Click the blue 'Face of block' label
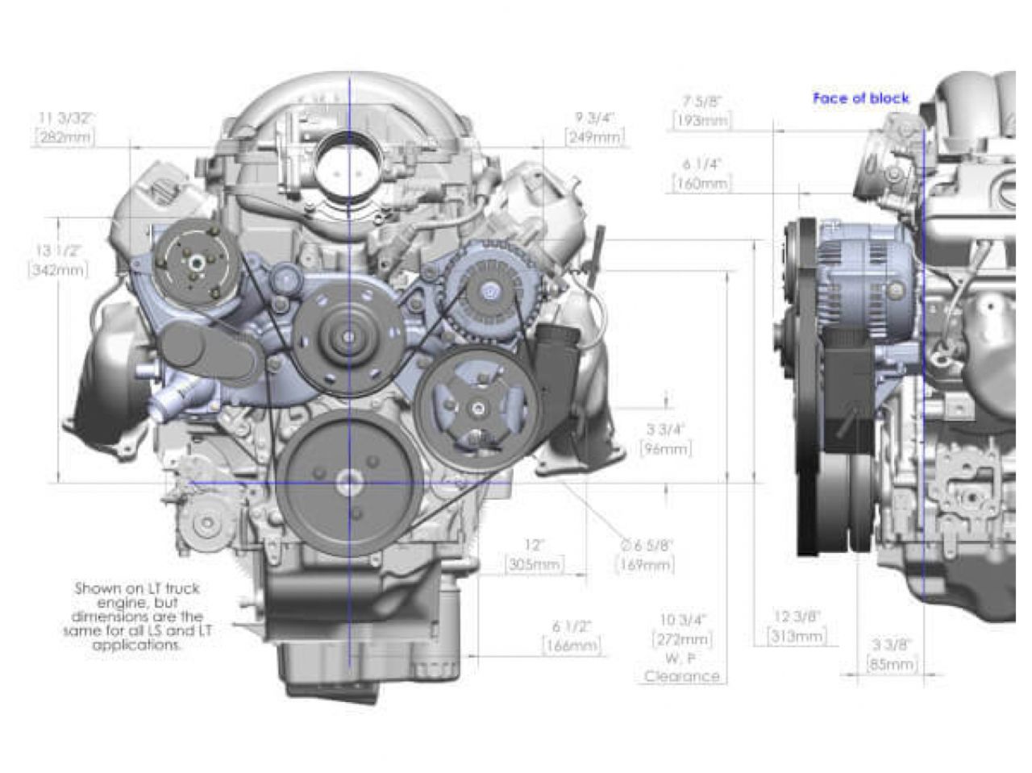(x=860, y=98)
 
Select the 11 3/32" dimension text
(x=65, y=118)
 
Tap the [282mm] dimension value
(x=64, y=138)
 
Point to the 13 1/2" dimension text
(x=57, y=250)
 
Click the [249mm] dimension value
(x=594, y=138)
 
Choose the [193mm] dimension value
(x=701, y=121)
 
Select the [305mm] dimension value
(x=535, y=565)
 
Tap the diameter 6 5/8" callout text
(x=646, y=546)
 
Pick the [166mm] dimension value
(x=572, y=646)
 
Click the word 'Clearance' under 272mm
(x=682, y=676)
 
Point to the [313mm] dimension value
(x=797, y=636)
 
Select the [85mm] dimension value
(x=892, y=664)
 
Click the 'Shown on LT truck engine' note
(x=137, y=617)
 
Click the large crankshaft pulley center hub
(x=349, y=484)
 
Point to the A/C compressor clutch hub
(x=193, y=262)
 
